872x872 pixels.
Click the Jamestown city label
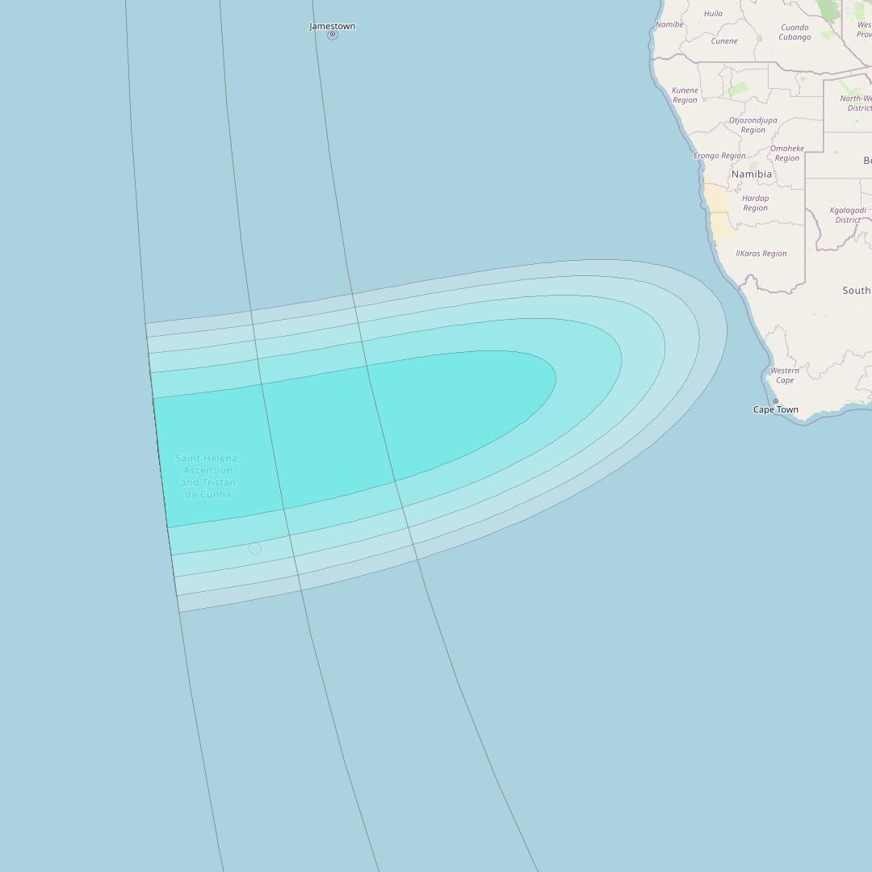pyautogui.click(x=332, y=26)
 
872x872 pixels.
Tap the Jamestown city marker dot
pyautogui.click(x=332, y=35)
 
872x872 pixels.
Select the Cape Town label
pyautogui.click(x=775, y=410)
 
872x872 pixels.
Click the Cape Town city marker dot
pyautogui.click(x=776, y=401)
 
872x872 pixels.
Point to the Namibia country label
pyautogui.click(x=752, y=174)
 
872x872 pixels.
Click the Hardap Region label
pyautogui.click(x=755, y=203)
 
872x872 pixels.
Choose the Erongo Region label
pyautogui.click(x=719, y=156)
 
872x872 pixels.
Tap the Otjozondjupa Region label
pyautogui.click(x=753, y=125)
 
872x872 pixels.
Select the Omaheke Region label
pyautogui.click(x=786, y=153)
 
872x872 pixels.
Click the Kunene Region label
pyautogui.click(x=685, y=95)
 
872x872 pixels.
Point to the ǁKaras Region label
pyautogui.click(x=761, y=254)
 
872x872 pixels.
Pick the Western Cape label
pyautogui.click(x=785, y=375)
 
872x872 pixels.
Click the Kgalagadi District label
pyautogui.click(x=848, y=215)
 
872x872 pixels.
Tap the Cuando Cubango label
pyautogui.click(x=794, y=32)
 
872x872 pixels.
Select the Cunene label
pyautogui.click(x=723, y=41)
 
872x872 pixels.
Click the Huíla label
pyautogui.click(x=713, y=14)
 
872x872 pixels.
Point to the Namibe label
pyautogui.click(x=669, y=25)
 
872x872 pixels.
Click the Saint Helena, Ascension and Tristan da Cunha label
pyautogui.click(x=208, y=476)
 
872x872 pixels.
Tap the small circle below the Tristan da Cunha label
pyautogui.click(x=255, y=549)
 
